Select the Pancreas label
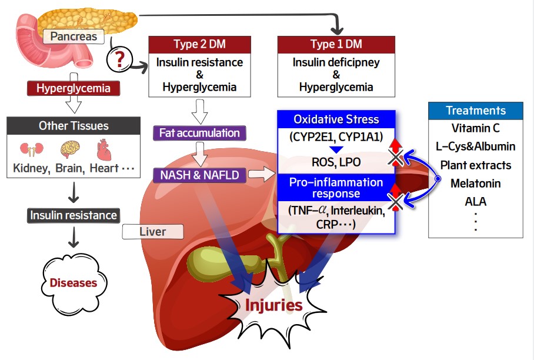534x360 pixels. (x=74, y=37)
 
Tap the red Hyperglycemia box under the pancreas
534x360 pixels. (x=74, y=89)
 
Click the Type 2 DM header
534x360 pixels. (x=199, y=45)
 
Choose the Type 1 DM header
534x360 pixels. (x=336, y=45)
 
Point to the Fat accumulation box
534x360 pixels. (x=199, y=133)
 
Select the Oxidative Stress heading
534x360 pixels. (x=336, y=119)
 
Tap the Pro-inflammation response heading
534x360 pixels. (x=336, y=188)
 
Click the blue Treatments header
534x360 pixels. (x=476, y=111)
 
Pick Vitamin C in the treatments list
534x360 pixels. (x=476, y=128)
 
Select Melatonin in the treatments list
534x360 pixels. (x=476, y=183)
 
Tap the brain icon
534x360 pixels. (x=71, y=149)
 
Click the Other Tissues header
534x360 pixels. (x=74, y=126)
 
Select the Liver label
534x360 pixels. (x=152, y=232)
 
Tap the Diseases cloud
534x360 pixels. (x=74, y=282)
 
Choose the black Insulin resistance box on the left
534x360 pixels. (x=74, y=215)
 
